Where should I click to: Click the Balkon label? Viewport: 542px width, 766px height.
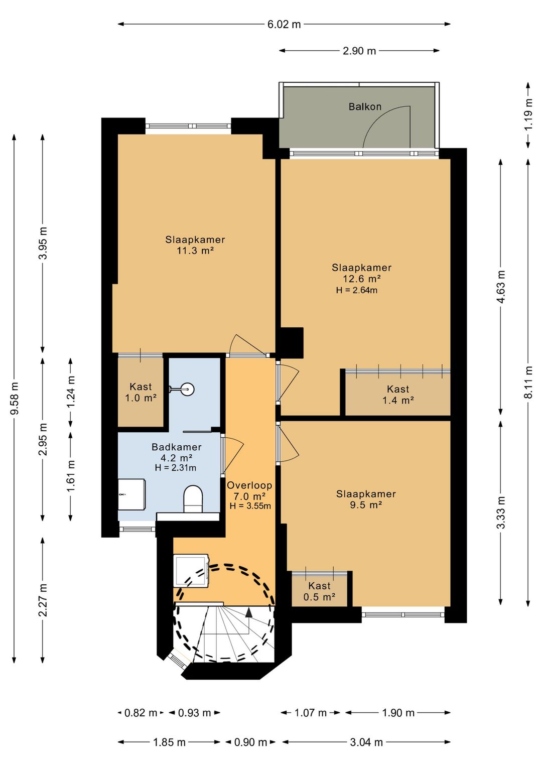pyautogui.click(x=365, y=107)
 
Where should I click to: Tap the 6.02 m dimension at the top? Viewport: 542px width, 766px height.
pyautogui.click(x=284, y=24)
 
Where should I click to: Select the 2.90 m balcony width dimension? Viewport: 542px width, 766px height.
pyautogui.click(x=359, y=51)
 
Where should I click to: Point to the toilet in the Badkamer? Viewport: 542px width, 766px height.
pyautogui.click(x=193, y=499)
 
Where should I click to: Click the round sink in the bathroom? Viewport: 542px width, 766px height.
pyautogui.click(x=187, y=389)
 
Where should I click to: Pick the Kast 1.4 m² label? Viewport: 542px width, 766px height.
pyautogui.click(x=398, y=394)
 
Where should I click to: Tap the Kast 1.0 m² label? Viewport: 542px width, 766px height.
pyautogui.click(x=141, y=392)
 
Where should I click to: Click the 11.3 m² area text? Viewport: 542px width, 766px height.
pyautogui.click(x=195, y=250)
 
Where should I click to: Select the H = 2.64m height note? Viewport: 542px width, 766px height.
pyautogui.click(x=357, y=290)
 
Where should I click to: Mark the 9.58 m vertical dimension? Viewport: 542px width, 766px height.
pyautogui.click(x=15, y=399)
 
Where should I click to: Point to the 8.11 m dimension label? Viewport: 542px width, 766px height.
pyautogui.click(x=528, y=382)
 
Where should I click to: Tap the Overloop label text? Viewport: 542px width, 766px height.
pyautogui.click(x=249, y=485)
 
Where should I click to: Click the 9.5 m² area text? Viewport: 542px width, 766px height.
pyautogui.click(x=365, y=505)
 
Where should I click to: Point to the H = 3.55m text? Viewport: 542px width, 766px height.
pyautogui.click(x=250, y=506)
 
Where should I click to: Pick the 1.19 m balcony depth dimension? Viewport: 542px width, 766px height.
pyautogui.click(x=528, y=114)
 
